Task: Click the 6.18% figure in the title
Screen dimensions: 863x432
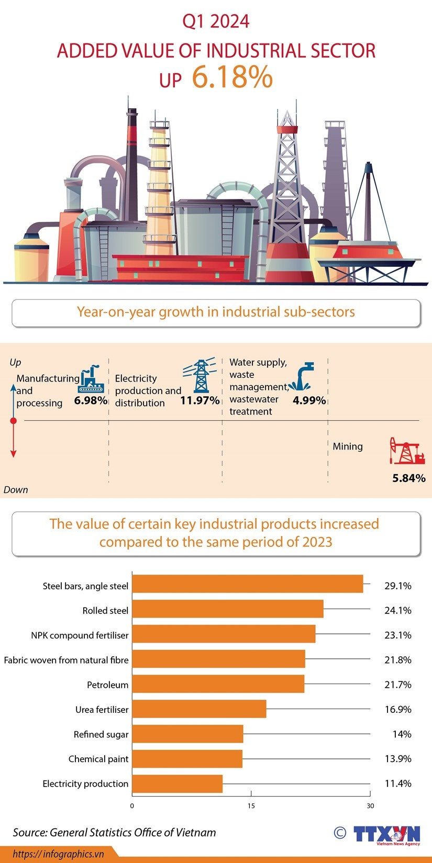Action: [x=232, y=77]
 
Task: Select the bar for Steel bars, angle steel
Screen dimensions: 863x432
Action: [x=247, y=584]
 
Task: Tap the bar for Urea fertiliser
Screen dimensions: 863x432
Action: [x=199, y=709]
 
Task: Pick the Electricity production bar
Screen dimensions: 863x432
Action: [x=177, y=783]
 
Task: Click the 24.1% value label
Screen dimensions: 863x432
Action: [x=397, y=610]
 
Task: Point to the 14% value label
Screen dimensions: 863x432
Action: [x=402, y=734]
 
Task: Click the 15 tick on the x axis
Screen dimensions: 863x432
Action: [x=251, y=805]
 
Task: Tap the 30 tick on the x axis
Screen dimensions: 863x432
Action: [x=370, y=805]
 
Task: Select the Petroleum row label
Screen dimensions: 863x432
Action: [x=107, y=685]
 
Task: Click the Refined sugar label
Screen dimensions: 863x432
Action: [x=101, y=734]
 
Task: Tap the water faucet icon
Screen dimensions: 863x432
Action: [x=302, y=377]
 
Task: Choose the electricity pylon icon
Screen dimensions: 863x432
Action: [x=200, y=375]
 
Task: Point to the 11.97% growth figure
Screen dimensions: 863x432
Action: [x=200, y=400]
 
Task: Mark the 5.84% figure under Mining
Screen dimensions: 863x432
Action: [x=409, y=478]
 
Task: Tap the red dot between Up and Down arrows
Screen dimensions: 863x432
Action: [x=14, y=421]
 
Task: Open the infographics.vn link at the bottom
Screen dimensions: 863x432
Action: [x=58, y=854]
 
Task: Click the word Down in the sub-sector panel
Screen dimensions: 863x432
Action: [x=16, y=490]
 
